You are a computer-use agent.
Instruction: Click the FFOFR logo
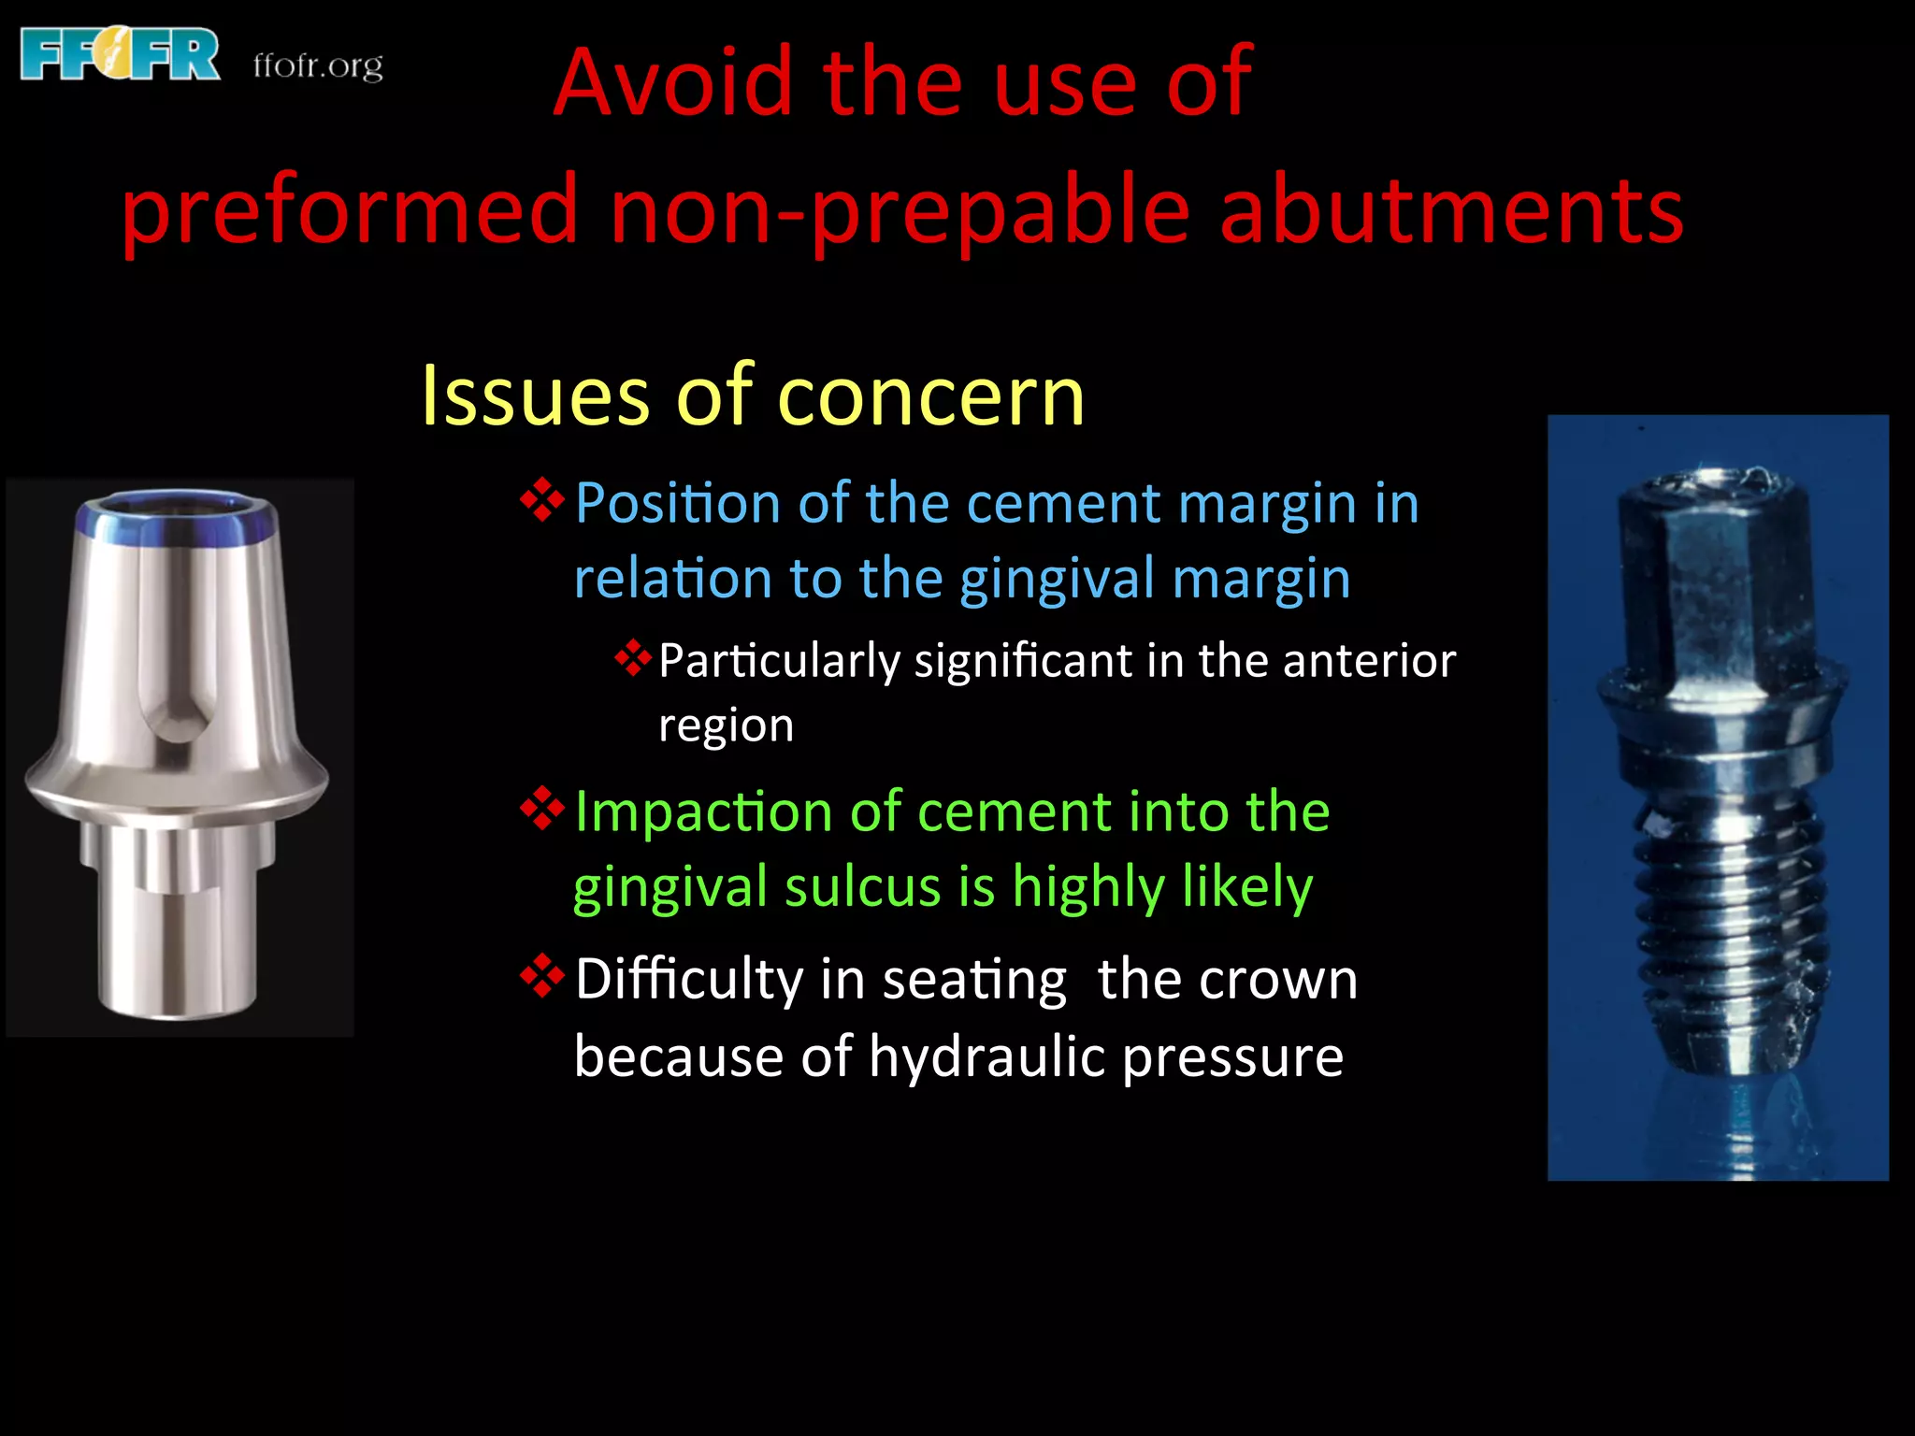[x=120, y=54]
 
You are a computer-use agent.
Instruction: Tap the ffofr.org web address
[x=318, y=65]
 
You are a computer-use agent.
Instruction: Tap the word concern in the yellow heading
[x=930, y=397]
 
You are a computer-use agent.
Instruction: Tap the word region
[x=726, y=725]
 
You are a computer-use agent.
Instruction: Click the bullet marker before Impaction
[x=542, y=808]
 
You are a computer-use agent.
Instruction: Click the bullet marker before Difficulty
[x=542, y=976]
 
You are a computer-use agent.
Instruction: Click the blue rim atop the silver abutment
[x=178, y=520]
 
